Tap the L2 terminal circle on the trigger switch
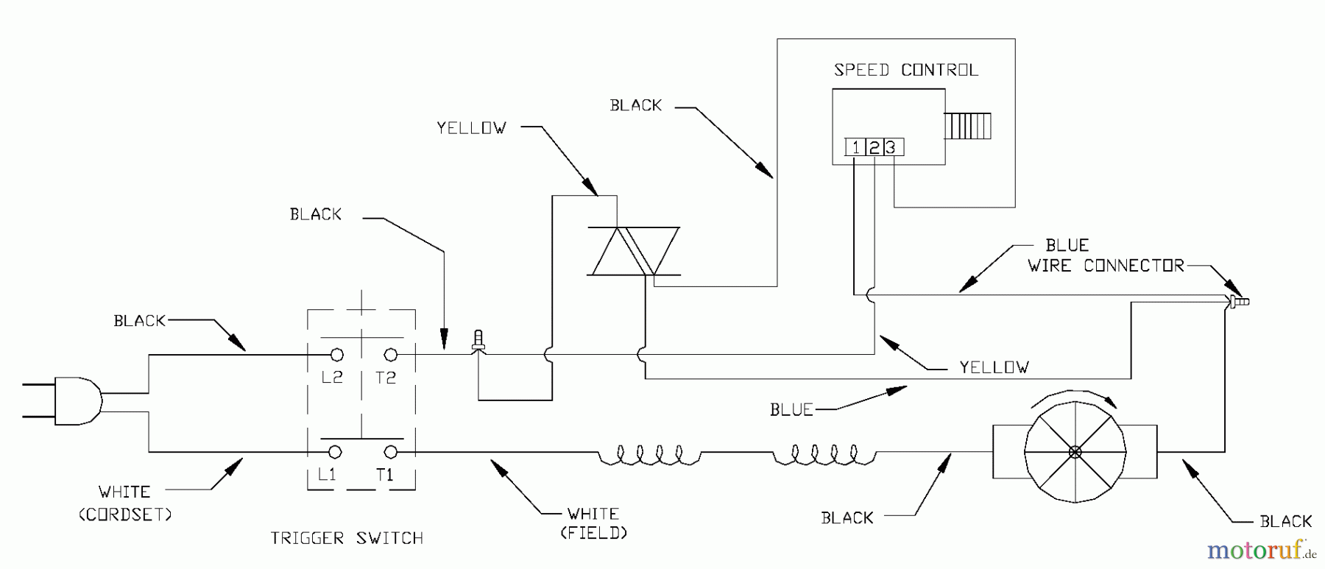(337, 355)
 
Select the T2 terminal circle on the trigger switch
(391, 355)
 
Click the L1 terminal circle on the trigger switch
(335, 451)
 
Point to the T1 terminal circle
(392, 451)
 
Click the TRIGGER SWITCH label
(347, 538)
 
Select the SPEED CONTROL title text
(906, 71)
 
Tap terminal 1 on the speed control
(855, 147)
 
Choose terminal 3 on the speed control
(891, 147)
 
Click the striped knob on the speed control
(969, 126)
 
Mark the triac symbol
(634, 252)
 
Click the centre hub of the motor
(1075, 451)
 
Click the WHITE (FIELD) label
(593, 523)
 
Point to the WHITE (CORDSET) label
(124, 502)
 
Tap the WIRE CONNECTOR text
(1106, 266)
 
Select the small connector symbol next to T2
(478, 341)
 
